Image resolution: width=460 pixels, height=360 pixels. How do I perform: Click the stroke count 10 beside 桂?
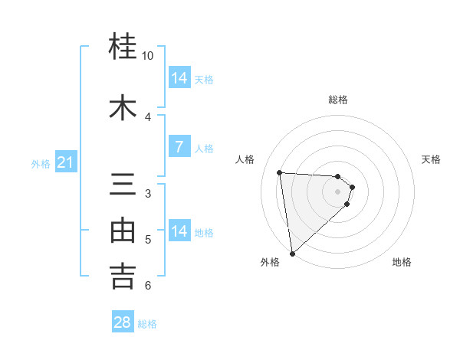click(148, 56)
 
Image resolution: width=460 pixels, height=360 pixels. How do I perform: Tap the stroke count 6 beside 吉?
click(148, 286)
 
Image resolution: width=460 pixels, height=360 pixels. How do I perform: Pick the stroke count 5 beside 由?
click(148, 240)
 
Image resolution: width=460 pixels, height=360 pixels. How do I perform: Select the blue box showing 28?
click(123, 322)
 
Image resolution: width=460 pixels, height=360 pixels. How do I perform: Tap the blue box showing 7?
click(179, 147)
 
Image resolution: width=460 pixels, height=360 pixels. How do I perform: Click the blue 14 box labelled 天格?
click(179, 77)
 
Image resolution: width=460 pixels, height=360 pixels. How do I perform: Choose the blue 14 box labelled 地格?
click(179, 231)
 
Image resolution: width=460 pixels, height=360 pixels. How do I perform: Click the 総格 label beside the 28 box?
click(147, 324)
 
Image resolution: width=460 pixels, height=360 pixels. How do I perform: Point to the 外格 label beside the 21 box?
click(41, 163)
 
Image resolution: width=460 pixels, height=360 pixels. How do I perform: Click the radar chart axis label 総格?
click(338, 100)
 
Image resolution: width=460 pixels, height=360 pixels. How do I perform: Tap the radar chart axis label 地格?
click(402, 262)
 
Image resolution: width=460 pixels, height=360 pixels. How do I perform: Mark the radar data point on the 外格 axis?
click(291, 253)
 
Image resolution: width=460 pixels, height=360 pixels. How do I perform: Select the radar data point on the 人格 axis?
click(280, 172)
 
